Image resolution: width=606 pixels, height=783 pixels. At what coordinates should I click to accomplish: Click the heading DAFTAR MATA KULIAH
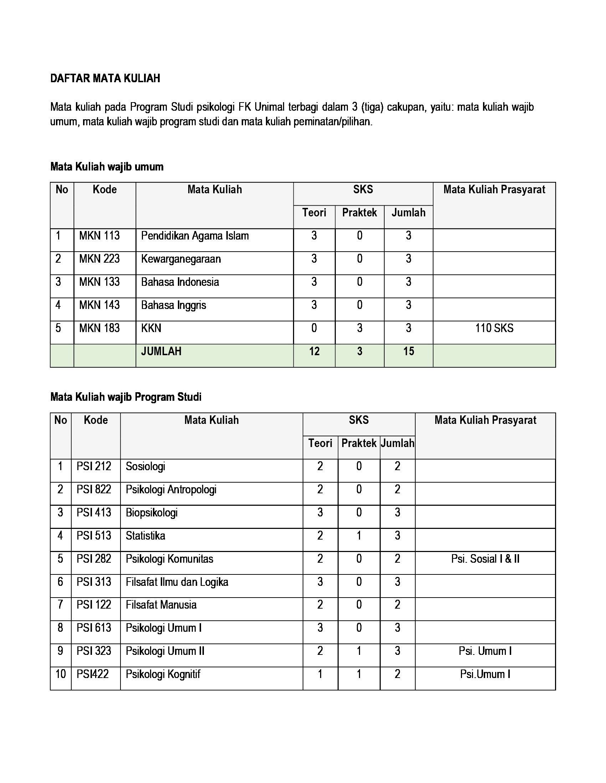[x=105, y=78]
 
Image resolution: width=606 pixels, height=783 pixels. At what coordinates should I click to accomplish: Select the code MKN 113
[x=99, y=236]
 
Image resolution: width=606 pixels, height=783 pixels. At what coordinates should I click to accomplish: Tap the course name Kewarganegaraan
[x=181, y=259]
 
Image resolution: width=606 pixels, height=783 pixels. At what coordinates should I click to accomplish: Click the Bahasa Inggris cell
[x=173, y=305]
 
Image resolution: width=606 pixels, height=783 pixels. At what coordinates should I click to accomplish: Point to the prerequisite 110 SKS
[x=494, y=328]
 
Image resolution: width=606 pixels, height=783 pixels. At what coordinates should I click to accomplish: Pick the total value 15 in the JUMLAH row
[x=408, y=351]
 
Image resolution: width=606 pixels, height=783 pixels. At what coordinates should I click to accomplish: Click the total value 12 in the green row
[x=314, y=351]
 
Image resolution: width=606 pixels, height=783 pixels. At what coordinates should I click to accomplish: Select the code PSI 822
[x=94, y=489]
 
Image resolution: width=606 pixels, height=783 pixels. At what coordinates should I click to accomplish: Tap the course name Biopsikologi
[x=151, y=513]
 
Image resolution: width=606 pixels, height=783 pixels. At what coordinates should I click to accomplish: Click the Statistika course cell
[x=145, y=536]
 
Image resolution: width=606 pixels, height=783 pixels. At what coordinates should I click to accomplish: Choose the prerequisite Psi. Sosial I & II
[x=485, y=558]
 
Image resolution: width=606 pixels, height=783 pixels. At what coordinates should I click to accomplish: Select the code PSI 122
[x=94, y=605]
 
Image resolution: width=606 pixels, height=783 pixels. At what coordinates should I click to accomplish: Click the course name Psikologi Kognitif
[x=163, y=674]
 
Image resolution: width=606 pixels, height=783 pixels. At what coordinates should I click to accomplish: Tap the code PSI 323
[x=94, y=651]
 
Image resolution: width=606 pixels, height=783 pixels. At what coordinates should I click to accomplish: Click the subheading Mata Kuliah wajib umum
[x=107, y=167]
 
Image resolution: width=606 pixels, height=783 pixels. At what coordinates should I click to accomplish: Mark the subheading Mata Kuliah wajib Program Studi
[x=125, y=397]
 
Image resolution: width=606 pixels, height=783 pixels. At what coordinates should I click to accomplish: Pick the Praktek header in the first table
[x=359, y=212]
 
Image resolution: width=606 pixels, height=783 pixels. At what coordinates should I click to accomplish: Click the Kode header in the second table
[x=96, y=420]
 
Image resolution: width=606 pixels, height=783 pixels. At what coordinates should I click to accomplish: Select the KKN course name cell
[x=151, y=328]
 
